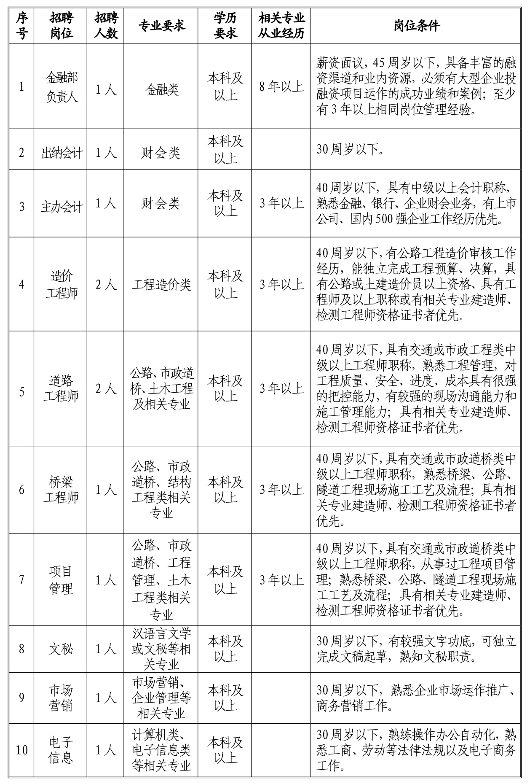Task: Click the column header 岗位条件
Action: coord(417,26)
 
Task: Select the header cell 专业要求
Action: coord(161,26)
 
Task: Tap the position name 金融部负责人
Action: coord(61,87)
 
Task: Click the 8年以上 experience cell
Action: coord(281,87)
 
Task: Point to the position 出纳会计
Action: coord(61,153)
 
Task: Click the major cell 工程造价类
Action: coord(161,285)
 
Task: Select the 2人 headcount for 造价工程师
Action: coord(105,285)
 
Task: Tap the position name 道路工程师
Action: coord(61,388)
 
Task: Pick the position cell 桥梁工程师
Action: coord(61,490)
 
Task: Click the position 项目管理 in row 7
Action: coord(61,580)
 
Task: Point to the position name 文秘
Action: coord(61,649)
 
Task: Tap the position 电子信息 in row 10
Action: coord(61,750)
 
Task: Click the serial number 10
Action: coord(21,750)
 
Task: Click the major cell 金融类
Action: coord(161,90)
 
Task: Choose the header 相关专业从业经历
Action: coord(281,26)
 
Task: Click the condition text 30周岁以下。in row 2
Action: coord(350,150)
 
